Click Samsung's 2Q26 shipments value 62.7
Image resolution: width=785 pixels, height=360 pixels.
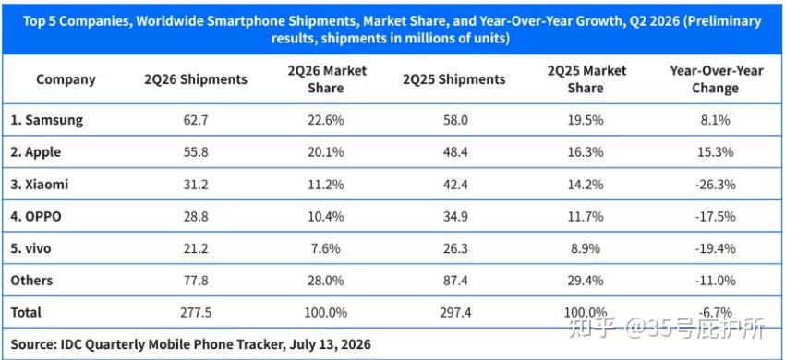pyautogui.click(x=196, y=120)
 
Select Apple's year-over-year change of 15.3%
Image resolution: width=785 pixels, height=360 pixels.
pyautogui.click(x=716, y=152)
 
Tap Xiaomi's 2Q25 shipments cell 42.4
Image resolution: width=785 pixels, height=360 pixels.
pyautogui.click(x=454, y=185)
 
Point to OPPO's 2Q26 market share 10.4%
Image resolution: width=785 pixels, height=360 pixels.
pyautogui.click(x=325, y=216)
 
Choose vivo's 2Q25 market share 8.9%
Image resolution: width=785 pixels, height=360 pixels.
pyautogui.click(x=586, y=247)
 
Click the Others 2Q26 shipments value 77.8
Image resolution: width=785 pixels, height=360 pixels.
pyautogui.click(x=196, y=280)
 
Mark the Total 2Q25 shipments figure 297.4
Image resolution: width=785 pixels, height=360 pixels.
pyautogui.click(x=454, y=312)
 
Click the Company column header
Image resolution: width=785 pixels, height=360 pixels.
pyautogui.click(x=66, y=79)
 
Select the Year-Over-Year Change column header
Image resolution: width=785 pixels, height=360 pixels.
pyautogui.click(x=716, y=79)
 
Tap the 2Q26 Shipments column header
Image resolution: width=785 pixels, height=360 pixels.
pyautogui.click(x=196, y=79)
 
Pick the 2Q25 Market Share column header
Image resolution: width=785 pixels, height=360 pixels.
pyautogui.click(x=586, y=79)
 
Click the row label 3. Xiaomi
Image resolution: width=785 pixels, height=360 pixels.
pyautogui.click(x=39, y=185)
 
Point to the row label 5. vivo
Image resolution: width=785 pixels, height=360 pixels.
pyautogui.click(x=30, y=247)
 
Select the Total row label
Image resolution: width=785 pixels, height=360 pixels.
pyautogui.click(x=26, y=312)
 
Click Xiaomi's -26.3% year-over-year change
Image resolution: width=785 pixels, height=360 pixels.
pyautogui.click(x=716, y=185)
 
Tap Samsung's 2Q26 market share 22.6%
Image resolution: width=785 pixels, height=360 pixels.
pyautogui.click(x=325, y=120)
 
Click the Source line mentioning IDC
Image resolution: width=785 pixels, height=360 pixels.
pyautogui.click(x=191, y=344)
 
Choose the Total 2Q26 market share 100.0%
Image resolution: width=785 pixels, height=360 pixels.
pyautogui.click(x=325, y=312)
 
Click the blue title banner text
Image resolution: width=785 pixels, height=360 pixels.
pyautogui.click(x=391, y=29)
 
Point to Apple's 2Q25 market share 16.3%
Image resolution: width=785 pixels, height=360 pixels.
pyautogui.click(x=586, y=152)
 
